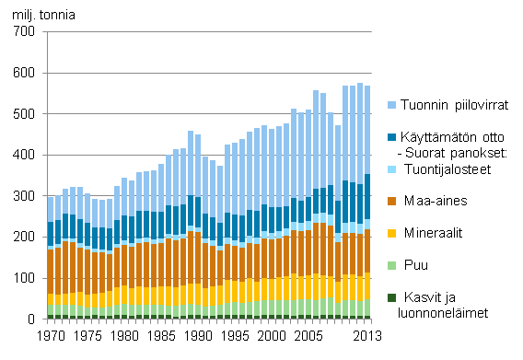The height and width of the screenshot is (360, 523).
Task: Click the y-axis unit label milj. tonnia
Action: [39, 14]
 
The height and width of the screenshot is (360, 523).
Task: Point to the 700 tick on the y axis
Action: [24, 32]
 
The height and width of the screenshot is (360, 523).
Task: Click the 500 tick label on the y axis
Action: [24, 114]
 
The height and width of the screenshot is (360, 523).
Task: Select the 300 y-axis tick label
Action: [24, 197]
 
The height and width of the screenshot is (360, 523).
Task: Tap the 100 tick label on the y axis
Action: [24, 279]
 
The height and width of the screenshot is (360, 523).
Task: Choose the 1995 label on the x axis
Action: [225, 336]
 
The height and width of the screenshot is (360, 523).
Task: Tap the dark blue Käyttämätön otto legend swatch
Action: [392, 138]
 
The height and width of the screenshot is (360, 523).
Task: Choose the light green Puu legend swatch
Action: [392, 264]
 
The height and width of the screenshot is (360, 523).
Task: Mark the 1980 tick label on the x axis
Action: [119, 336]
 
